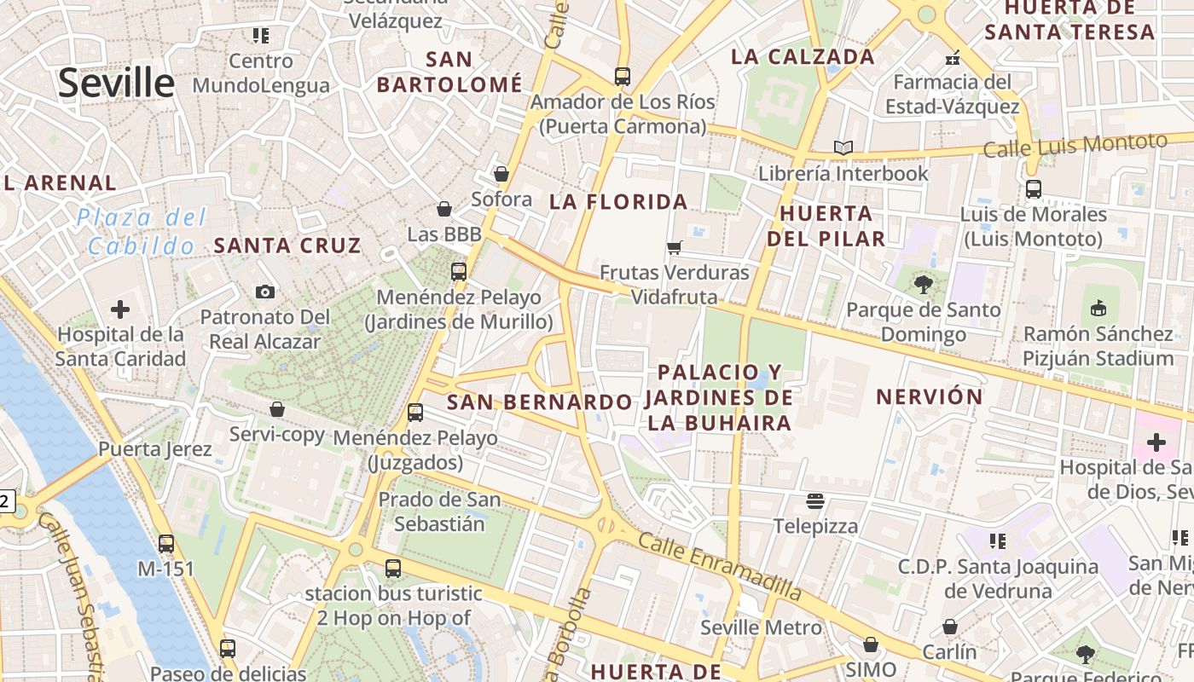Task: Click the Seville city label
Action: click(x=116, y=83)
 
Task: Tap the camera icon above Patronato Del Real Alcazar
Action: click(x=265, y=292)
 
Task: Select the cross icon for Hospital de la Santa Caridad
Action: click(x=120, y=309)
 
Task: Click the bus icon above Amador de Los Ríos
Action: click(x=623, y=77)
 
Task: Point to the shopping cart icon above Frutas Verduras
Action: click(x=675, y=248)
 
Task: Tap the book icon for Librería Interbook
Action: click(x=843, y=148)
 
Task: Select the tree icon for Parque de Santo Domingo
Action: click(x=923, y=284)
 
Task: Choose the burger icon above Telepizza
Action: click(x=816, y=500)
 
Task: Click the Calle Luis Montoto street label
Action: click(x=1075, y=145)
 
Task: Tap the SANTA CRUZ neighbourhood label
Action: click(x=287, y=246)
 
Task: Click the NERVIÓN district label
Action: click(x=930, y=396)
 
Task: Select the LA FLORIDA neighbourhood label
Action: click(x=618, y=202)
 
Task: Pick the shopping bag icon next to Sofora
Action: click(x=501, y=174)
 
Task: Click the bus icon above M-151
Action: click(x=166, y=543)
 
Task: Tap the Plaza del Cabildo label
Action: click(x=142, y=231)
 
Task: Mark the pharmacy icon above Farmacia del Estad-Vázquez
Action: click(x=953, y=58)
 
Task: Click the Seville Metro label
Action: click(x=762, y=628)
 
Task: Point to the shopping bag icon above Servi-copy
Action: click(x=277, y=409)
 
